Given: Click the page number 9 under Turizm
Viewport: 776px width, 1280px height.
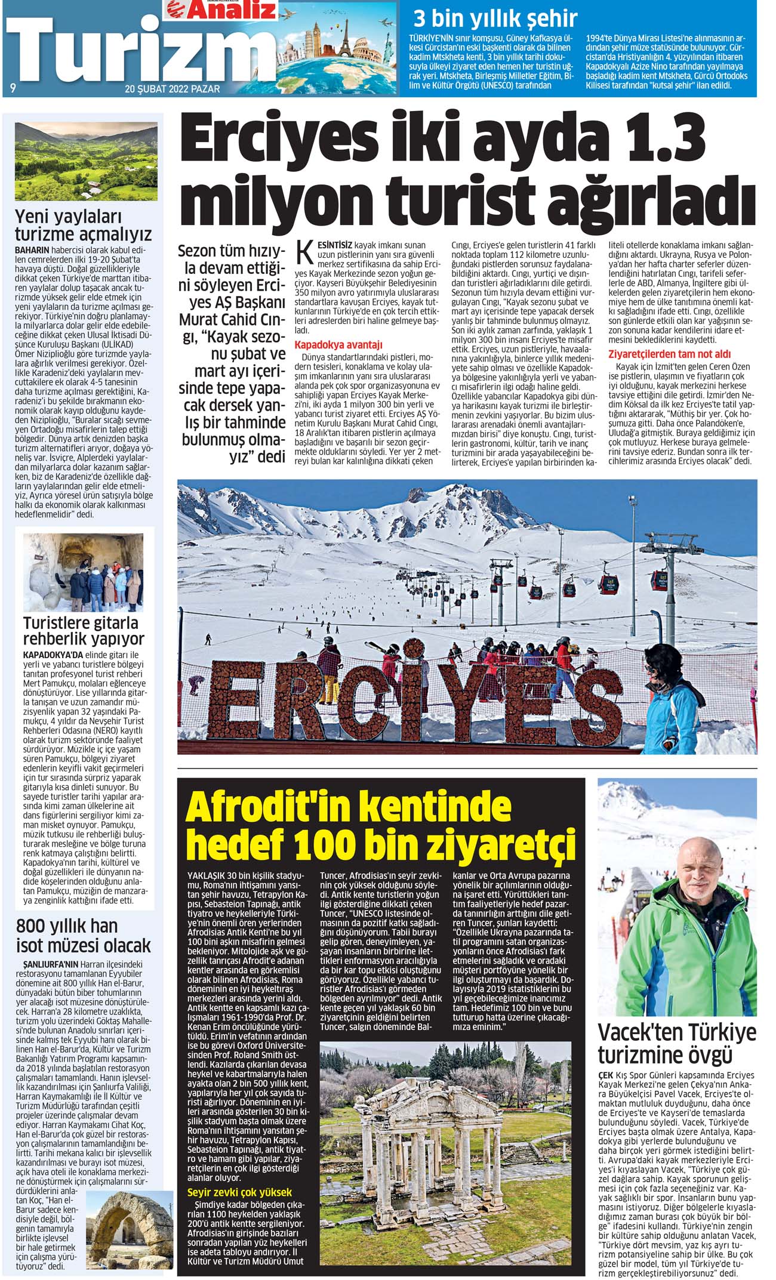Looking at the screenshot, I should pos(13,88).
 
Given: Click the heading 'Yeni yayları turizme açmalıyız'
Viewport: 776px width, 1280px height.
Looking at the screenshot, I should pos(83,225).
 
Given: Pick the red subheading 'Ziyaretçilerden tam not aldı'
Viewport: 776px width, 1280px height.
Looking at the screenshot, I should pos(669,354).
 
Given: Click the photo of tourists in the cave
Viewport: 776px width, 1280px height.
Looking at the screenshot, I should pos(83,572).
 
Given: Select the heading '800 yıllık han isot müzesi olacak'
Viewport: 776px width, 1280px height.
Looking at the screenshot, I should pos(83,936).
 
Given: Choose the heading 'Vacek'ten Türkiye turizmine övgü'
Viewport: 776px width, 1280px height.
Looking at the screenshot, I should pos(677,1042).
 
